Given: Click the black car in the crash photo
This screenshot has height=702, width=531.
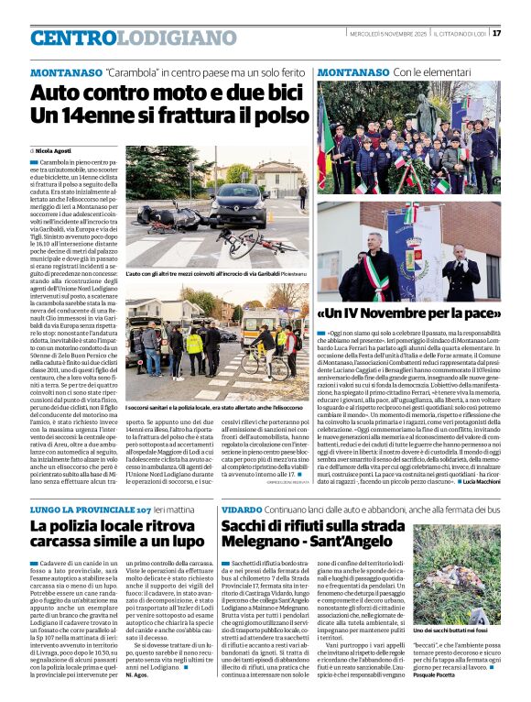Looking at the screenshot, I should tap(237, 207).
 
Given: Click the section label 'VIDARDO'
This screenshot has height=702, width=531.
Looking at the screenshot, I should tap(242, 509).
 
